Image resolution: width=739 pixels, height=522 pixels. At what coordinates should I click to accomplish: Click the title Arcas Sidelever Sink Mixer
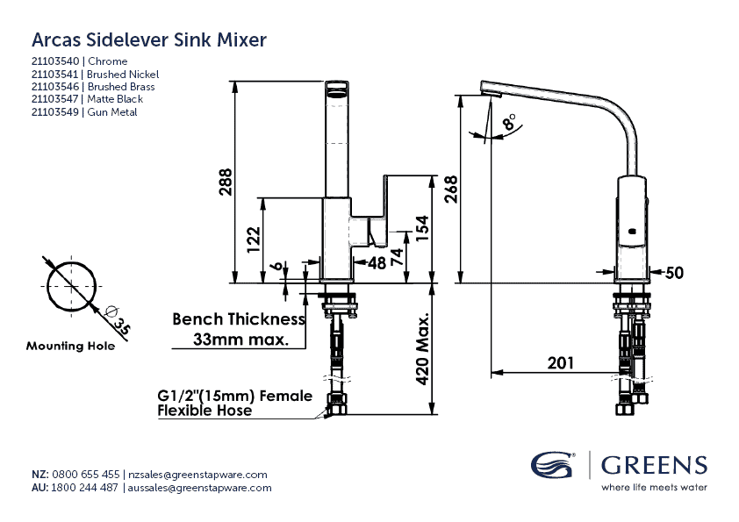(149, 39)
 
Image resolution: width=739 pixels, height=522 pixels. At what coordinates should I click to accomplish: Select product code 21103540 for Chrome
(55, 61)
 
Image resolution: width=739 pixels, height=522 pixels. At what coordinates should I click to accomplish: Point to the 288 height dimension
(225, 182)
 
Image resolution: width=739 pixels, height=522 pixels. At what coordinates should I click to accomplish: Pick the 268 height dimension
(450, 189)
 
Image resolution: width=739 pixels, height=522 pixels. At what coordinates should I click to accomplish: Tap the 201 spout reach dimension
(559, 362)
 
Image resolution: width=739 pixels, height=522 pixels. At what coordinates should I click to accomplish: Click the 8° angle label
(509, 121)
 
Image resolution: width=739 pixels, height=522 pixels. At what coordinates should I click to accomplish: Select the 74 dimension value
(397, 257)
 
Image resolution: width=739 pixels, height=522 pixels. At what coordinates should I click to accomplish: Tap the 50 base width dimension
(674, 273)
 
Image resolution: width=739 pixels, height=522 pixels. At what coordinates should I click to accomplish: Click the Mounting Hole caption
(70, 346)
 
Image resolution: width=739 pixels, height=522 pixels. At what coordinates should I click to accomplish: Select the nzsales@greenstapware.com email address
(197, 474)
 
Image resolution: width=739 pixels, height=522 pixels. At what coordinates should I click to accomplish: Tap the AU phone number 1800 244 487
(86, 488)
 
